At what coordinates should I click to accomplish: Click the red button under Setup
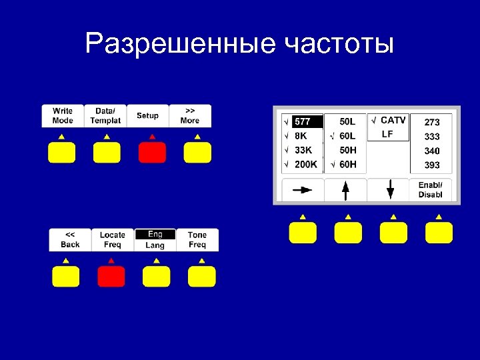(x=151, y=153)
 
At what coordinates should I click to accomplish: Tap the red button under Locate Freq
(x=111, y=276)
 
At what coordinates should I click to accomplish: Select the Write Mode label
(x=63, y=116)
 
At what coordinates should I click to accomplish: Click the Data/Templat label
(x=105, y=116)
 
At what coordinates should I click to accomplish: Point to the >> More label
(x=190, y=116)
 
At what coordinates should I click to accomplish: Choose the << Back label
(x=70, y=240)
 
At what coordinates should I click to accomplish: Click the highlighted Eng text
(x=155, y=234)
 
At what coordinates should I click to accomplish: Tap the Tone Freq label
(x=197, y=240)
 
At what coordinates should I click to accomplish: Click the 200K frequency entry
(x=305, y=165)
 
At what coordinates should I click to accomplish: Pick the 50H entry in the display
(x=347, y=151)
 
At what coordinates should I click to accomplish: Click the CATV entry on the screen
(x=393, y=121)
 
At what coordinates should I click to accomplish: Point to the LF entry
(x=387, y=135)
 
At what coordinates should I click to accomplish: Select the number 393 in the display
(x=432, y=165)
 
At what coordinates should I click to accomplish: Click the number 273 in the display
(x=432, y=122)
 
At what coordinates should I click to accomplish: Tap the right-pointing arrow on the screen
(x=303, y=190)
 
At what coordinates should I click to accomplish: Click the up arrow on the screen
(x=345, y=191)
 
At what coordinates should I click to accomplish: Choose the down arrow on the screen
(x=390, y=191)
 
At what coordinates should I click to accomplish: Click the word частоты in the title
(x=339, y=45)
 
